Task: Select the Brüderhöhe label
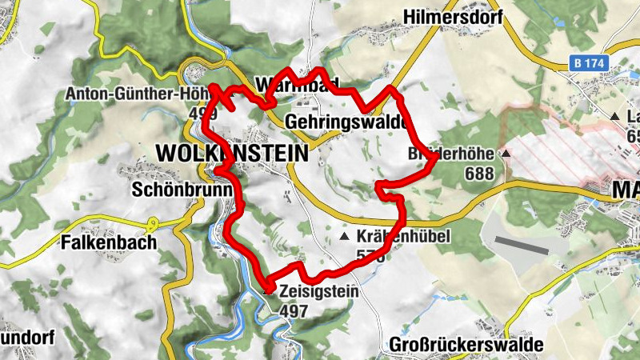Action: click(x=452, y=153)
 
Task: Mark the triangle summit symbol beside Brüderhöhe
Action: click(x=506, y=153)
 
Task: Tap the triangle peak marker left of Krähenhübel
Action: click(x=345, y=238)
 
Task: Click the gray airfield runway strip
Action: click(x=522, y=245)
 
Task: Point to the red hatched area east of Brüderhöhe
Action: click(x=560, y=152)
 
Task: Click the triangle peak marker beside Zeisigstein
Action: click(x=267, y=292)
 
